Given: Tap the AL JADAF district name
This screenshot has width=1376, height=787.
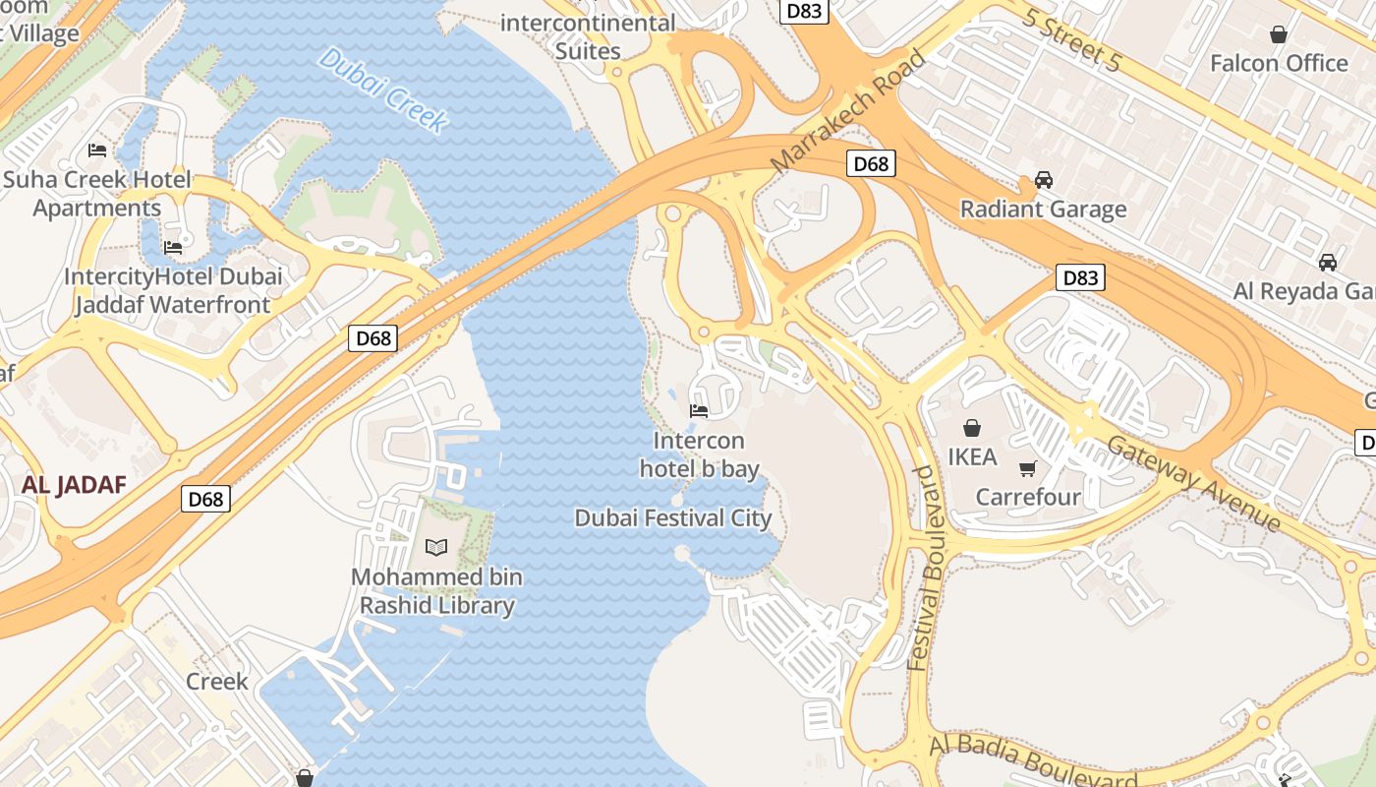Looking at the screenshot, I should click(75, 484).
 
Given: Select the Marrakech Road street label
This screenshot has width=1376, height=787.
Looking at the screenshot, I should click(849, 111).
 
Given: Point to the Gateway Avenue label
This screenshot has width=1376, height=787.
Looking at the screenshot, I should click(1193, 482).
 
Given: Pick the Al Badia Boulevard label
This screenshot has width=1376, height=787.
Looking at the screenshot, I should click(1032, 760).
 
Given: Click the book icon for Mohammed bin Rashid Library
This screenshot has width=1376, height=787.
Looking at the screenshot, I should click(436, 547).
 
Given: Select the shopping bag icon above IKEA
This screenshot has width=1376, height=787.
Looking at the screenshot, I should click(972, 428).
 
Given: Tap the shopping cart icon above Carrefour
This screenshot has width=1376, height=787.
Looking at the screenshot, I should click(1028, 468).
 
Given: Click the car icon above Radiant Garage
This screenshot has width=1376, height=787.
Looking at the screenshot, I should click(1044, 180).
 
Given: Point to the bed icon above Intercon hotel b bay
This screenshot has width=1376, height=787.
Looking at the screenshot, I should click(699, 410).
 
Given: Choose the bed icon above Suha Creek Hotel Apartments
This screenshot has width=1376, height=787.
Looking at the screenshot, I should click(97, 151).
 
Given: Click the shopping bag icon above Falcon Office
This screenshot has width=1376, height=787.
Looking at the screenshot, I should click(1279, 34).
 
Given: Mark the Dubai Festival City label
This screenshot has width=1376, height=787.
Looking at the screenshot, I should click(673, 517).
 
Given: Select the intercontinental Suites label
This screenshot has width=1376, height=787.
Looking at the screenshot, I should click(589, 36).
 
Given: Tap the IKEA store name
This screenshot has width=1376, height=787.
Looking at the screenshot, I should click(972, 456).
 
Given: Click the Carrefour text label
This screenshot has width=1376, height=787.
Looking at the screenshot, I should click(1028, 497).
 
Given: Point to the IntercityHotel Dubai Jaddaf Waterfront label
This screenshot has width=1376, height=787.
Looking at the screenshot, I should click(173, 290).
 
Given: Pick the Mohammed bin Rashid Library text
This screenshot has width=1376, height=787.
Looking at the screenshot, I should click(436, 590).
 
